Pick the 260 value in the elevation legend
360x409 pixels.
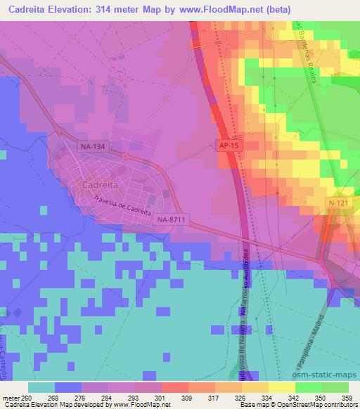[x=26, y=398]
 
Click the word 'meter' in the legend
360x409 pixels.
[x=11, y=398]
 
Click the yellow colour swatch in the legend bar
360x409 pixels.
[x=281, y=387]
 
